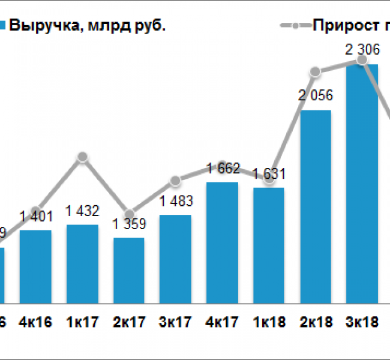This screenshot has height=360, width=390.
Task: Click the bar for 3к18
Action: (362, 183)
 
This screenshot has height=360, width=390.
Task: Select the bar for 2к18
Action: (316, 206)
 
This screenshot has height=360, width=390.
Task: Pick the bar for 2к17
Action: (129, 270)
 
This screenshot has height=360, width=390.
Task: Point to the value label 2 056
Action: (316, 95)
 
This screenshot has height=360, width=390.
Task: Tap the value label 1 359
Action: (129, 227)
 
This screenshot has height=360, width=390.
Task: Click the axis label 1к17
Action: (82, 322)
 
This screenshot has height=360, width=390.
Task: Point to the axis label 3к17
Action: (176, 322)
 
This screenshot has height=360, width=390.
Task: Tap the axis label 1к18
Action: (269, 322)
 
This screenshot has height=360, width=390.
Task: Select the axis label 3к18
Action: (362, 322)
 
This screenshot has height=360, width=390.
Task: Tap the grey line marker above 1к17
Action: (83, 157)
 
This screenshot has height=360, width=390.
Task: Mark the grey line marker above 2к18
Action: (316, 73)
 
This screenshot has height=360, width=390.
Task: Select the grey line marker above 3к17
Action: (176, 181)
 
